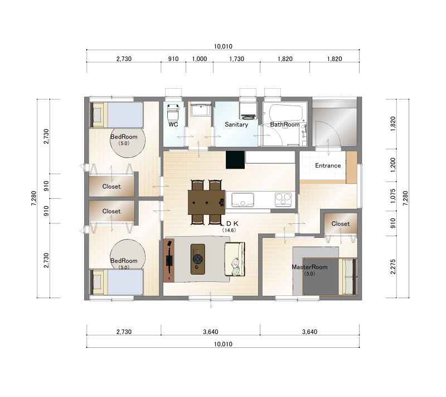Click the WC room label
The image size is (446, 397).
[x=173, y=125]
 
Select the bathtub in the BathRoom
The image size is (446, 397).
[x=285, y=113]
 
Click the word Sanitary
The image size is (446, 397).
[x=236, y=125]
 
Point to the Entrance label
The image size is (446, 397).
[x=328, y=165]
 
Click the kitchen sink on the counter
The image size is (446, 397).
[x=243, y=199]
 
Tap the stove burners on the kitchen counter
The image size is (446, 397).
[x=283, y=199]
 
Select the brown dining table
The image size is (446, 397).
[x=206, y=202]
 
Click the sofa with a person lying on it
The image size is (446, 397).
[x=235, y=259]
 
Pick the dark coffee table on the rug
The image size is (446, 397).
[x=198, y=259]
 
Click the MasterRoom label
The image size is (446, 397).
[x=309, y=267]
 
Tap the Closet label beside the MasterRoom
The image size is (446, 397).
[x=341, y=224]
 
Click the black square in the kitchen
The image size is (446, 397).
[x=235, y=160]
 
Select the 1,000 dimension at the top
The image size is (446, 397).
[x=200, y=59]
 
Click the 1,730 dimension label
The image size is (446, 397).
[x=236, y=59]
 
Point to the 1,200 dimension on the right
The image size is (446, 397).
[x=393, y=165]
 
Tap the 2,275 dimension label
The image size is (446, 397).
[x=393, y=266]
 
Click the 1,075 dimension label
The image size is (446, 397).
[x=393, y=196]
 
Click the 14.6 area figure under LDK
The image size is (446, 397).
[x=229, y=231]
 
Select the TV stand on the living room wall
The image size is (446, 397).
[x=169, y=260]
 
